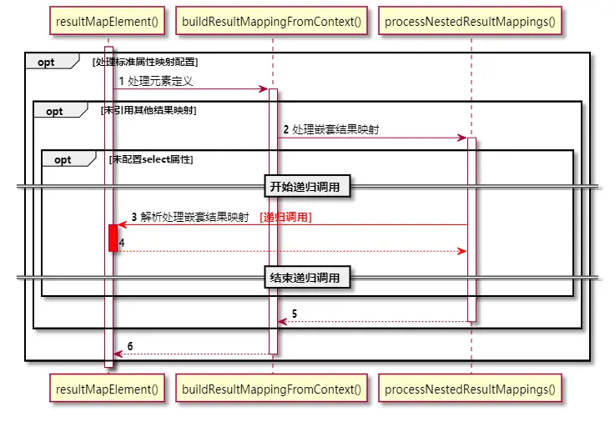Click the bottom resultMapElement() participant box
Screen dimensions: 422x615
pos(107,388)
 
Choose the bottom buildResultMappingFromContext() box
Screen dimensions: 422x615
pos(272,388)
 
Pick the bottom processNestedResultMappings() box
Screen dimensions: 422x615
pos(470,388)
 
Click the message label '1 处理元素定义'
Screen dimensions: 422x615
pos(156,81)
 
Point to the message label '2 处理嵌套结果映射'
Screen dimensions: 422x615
pos(331,129)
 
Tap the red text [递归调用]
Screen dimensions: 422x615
pos(286,217)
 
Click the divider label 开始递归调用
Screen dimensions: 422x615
pos(306,187)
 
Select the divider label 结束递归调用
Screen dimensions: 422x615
pos(306,278)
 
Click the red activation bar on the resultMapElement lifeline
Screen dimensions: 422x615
pos(113,237)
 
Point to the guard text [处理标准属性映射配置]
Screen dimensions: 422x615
pos(144,62)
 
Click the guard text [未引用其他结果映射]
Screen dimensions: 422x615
pos(148,110)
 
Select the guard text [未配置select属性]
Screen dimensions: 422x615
pos(150,159)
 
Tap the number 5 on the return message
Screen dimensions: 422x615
pos(295,314)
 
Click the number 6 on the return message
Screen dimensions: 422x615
pos(129,346)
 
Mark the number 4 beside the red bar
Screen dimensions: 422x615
pos(122,242)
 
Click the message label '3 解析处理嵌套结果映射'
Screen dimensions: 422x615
pos(190,217)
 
